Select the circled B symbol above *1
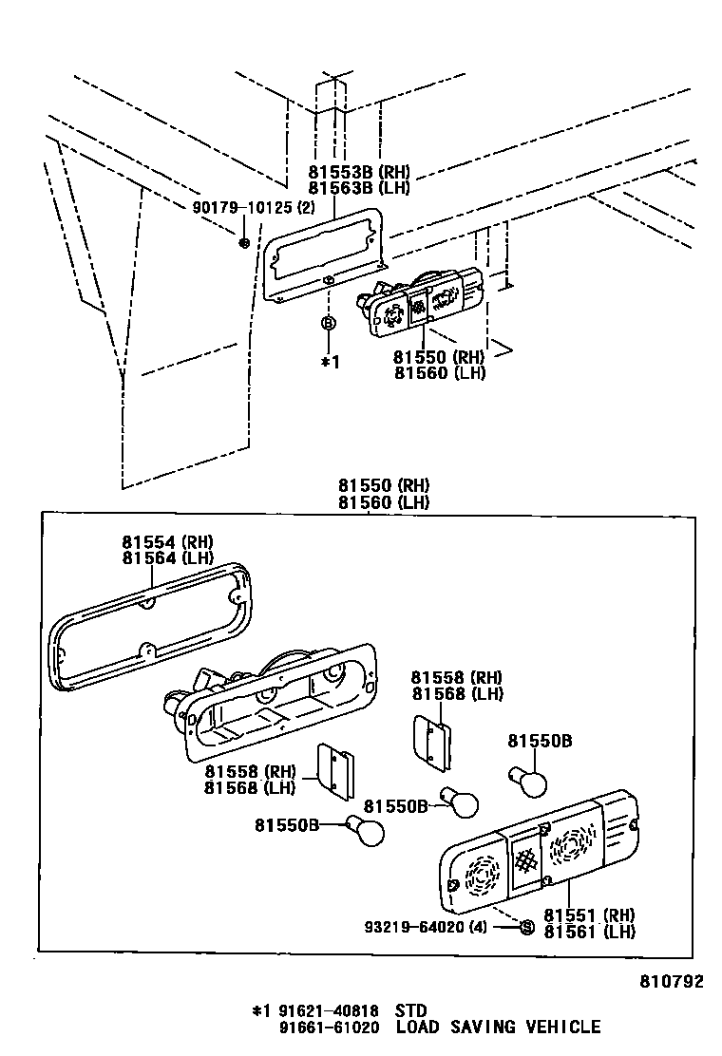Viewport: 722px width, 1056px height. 329,324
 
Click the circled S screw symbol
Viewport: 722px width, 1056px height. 526,926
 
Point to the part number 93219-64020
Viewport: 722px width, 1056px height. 417,926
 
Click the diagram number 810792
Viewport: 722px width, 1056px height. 671,982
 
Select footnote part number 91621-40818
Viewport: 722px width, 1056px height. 325,1010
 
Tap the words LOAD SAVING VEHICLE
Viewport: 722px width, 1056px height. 499,1027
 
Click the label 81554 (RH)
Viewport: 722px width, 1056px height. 167,542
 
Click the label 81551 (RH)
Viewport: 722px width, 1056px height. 589,915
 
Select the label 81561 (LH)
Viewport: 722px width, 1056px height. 589,932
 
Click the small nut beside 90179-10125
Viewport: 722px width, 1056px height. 244,243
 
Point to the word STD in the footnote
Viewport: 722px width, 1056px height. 410,1010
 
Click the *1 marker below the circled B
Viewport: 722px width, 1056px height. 329,361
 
